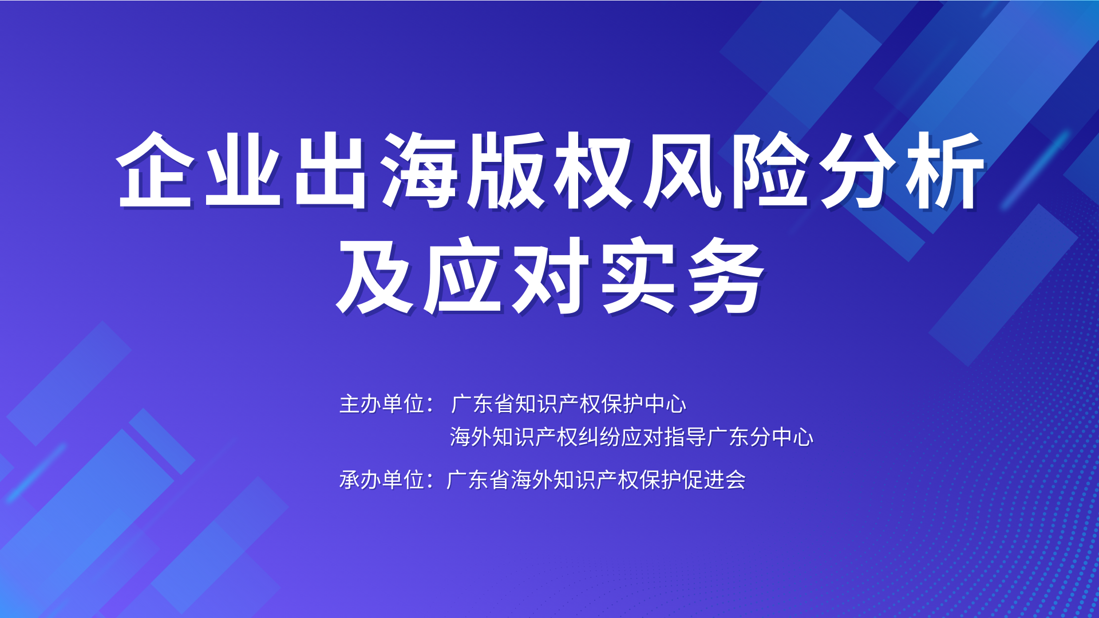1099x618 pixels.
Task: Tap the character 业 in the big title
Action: (x=243, y=169)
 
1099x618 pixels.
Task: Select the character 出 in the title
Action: (x=330, y=169)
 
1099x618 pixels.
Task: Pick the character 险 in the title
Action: (x=770, y=169)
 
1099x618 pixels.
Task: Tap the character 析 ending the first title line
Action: (x=945, y=169)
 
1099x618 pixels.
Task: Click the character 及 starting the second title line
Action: (x=374, y=276)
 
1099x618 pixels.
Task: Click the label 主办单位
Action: (x=382, y=404)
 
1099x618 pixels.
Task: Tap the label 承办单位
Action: (x=382, y=480)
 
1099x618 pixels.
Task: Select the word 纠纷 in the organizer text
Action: (x=599, y=437)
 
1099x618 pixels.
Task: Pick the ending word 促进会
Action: (x=714, y=480)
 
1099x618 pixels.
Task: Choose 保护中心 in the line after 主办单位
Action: (x=644, y=404)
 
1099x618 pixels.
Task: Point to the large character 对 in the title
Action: (x=550, y=276)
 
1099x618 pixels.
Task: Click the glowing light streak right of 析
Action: (x=1035, y=171)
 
